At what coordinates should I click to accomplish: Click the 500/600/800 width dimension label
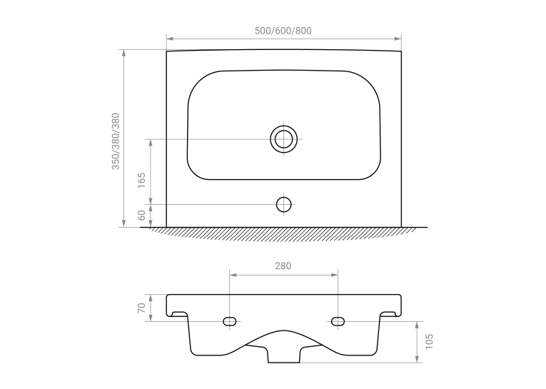pos(283,31)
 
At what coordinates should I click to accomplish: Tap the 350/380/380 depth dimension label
pos(116,141)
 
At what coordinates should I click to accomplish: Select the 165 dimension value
pos(141,181)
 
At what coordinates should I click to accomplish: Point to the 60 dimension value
pos(141,216)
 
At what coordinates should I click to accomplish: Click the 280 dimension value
pos(283,266)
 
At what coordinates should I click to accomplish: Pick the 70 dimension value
pos(141,308)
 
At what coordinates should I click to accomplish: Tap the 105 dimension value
pos(429,341)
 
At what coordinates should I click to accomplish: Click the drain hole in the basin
pos(284,139)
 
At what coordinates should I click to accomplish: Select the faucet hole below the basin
pos(284,204)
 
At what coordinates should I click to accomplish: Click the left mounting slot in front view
pos(230,321)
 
